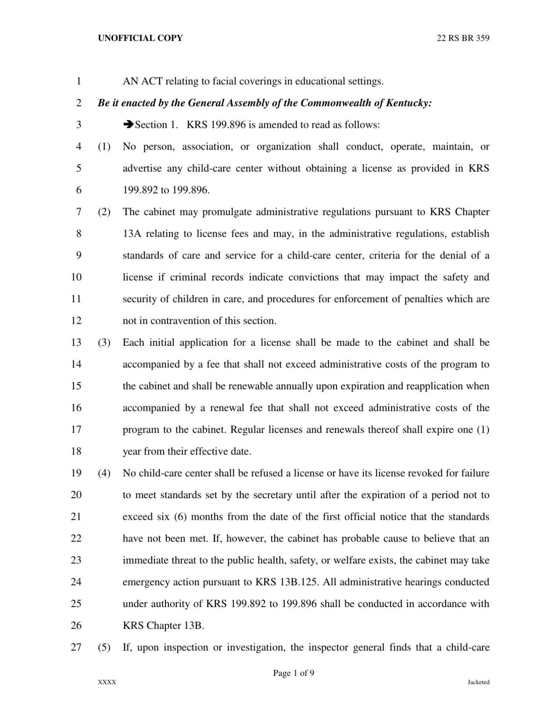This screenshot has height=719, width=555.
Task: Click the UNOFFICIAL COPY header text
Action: tap(140, 38)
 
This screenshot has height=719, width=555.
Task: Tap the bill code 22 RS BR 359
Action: tap(463, 38)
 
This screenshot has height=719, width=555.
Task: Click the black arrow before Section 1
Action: tap(128, 125)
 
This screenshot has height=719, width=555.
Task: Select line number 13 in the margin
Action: tap(76, 342)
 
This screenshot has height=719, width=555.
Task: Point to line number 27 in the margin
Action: tap(76, 647)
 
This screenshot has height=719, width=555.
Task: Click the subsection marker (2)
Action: tap(104, 212)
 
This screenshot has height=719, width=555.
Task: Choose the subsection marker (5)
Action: tap(104, 647)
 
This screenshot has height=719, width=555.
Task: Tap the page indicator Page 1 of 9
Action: tap(294, 673)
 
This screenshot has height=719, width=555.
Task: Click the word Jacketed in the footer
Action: tap(478, 682)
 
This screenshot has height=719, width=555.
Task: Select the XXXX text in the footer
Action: tap(107, 682)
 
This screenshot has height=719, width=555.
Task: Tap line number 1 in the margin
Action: tap(79, 81)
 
